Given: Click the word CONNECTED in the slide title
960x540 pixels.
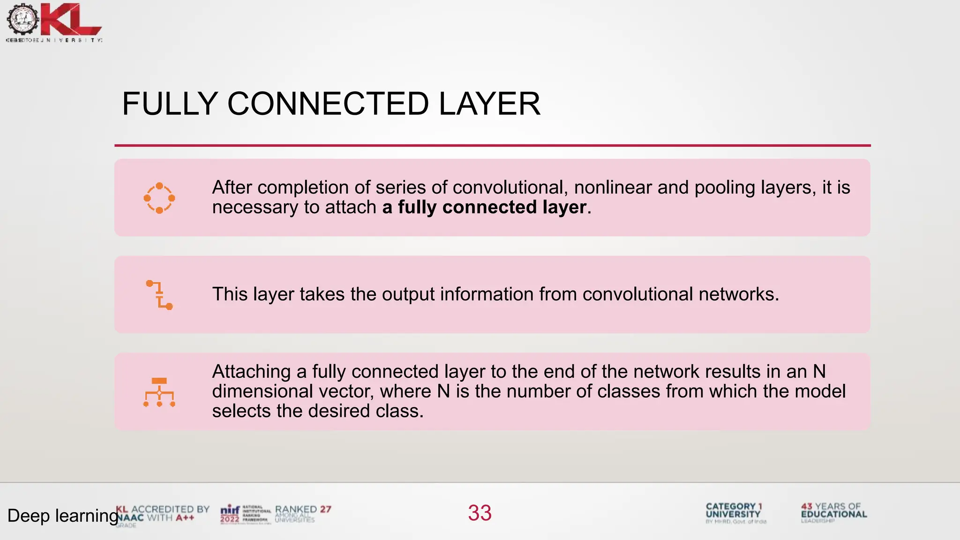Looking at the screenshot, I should tap(328, 104).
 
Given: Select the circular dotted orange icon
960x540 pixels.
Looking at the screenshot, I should tap(159, 198).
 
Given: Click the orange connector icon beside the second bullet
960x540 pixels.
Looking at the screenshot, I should tap(159, 295).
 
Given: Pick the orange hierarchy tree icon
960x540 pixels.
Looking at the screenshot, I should tap(159, 392).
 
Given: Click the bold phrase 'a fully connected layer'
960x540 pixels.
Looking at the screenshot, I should tap(484, 207).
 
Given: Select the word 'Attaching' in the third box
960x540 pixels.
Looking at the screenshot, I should tap(251, 372).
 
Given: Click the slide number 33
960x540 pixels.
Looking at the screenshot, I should tap(480, 513).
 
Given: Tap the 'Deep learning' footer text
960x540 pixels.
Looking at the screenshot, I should tap(62, 516).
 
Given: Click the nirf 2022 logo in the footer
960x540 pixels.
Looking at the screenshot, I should tap(230, 514).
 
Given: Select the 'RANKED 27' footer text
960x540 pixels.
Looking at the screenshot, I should tap(303, 510).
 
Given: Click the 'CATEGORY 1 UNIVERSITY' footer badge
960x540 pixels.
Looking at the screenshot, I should tap(734, 510).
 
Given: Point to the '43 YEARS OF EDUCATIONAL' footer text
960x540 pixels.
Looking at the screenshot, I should tap(834, 510).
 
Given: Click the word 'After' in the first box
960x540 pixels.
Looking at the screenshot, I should tap(232, 187).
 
